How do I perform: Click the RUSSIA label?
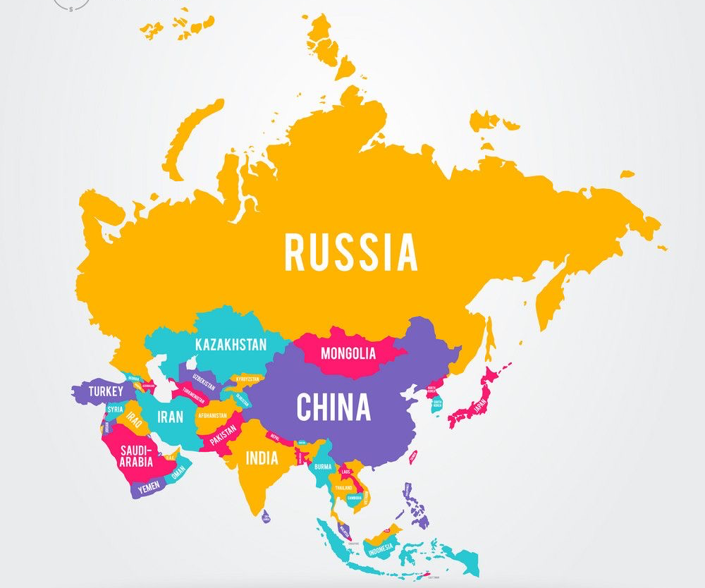pos(350,252)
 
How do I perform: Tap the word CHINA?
pos(333,407)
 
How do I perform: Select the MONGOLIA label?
pos(348,353)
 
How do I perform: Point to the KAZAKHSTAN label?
pos(231,345)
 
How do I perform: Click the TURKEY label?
pos(106,391)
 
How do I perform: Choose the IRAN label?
pos(170,417)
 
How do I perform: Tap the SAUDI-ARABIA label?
pos(136,456)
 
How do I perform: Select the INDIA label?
pos(262,458)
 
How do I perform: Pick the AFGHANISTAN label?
pos(212,415)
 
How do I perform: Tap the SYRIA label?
pos(115,409)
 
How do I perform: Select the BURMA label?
pos(323,466)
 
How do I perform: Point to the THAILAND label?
pos(344,488)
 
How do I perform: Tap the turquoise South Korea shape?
pos(437,405)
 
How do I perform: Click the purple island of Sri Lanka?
pos(266,518)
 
